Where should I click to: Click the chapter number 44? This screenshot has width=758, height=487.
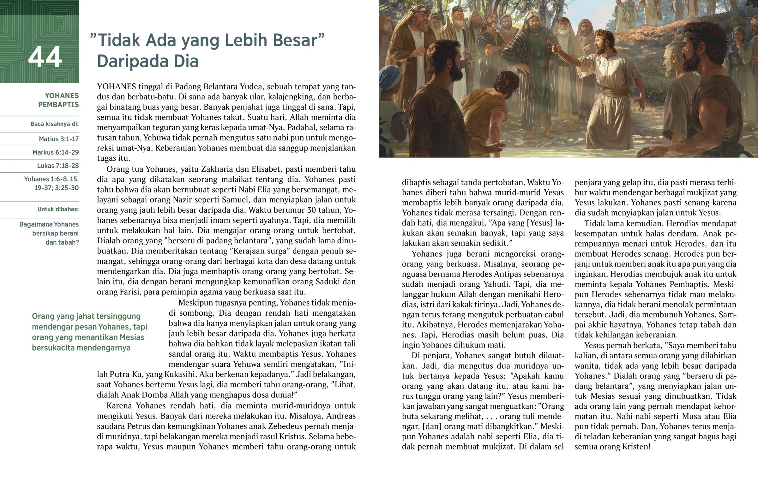[45, 57]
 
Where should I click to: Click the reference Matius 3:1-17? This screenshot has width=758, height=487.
[59, 139]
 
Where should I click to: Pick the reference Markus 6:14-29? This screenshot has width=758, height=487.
[56, 152]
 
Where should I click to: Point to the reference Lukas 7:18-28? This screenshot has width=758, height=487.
[58, 166]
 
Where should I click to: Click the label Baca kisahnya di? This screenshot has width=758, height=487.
[55, 124]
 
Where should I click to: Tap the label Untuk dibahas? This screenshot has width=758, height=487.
[58, 209]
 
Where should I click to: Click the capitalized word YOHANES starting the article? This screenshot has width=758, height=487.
[117, 87]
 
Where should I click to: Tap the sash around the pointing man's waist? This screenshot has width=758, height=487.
[614, 92]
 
